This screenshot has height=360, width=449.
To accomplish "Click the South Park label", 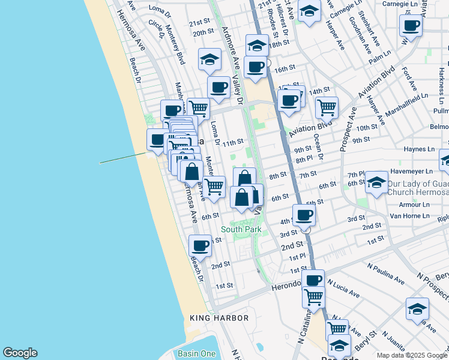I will click(x=241, y=229).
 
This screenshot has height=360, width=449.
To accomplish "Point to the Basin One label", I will click(x=200, y=353).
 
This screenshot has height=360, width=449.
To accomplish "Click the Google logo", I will click(x=20, y=353).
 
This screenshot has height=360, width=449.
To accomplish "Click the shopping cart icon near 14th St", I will click(x=327, y=107).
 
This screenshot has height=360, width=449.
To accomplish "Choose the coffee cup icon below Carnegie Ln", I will click(x=411, y=25).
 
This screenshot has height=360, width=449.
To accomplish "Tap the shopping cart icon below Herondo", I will click(x=313, y=296).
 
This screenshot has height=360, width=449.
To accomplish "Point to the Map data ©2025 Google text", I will click(x=412, y=355).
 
